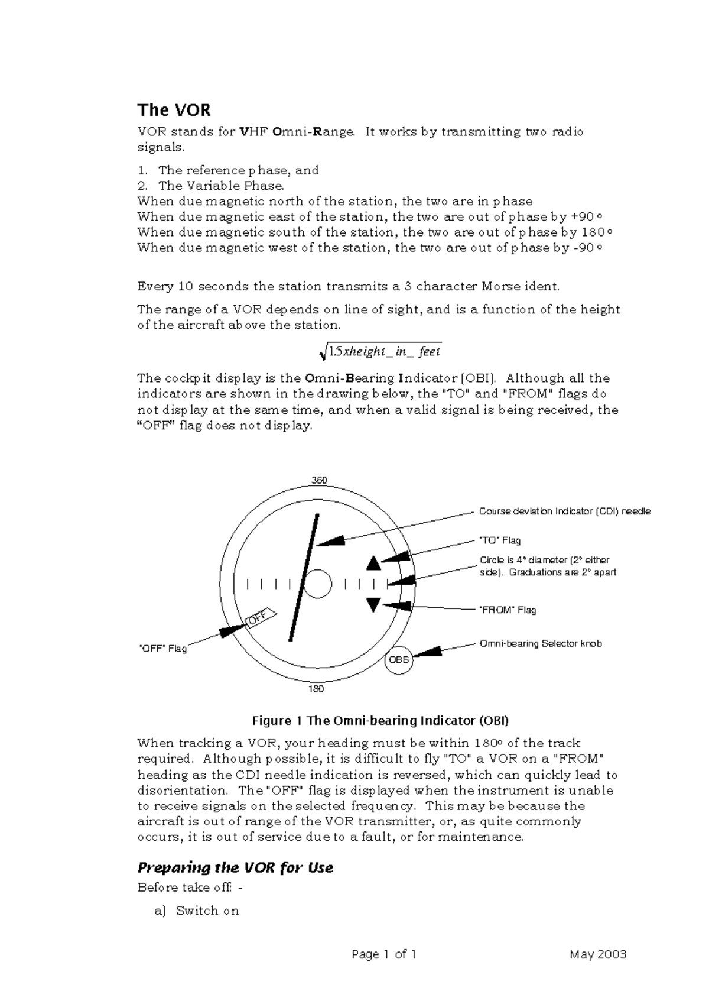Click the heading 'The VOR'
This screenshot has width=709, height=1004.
[x=174, y=111]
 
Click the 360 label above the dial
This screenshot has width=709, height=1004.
[x=319, y=480]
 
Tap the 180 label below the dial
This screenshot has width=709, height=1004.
[x=316, y=689]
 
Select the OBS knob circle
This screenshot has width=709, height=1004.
[x=399, y=660]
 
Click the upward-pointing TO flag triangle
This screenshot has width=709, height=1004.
[x=373, y=563]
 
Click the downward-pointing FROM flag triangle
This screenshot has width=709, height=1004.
[x=373, y=604]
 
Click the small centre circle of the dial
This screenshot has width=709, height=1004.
[x=318, y=584]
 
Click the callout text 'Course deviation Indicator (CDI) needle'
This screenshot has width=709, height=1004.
[x=564, y=511]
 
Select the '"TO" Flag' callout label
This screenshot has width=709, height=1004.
[x=499, y=540]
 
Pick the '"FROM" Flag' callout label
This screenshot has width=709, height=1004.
[x=507, y=610]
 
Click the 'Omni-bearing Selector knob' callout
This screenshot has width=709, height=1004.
[x=540, y=643]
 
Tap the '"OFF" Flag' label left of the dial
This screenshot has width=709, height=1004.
[x=162, y=649]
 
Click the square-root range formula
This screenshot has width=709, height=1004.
[x=380, y=352]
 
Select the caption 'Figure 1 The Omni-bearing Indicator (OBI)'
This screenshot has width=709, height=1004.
[x=380, y=721]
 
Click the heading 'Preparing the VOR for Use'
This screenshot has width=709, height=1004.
[x=235, y=868]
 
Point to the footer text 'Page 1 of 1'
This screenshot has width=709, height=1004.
[x=384, y=954]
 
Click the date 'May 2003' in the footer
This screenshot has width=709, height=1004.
[x=598, y=954]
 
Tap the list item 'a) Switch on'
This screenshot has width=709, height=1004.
[x=197, y=911]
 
